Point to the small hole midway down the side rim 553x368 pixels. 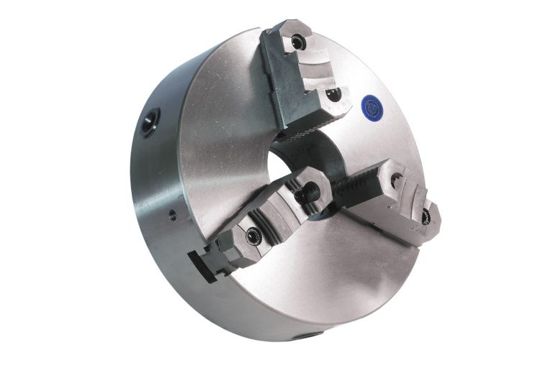pos(172,214)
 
